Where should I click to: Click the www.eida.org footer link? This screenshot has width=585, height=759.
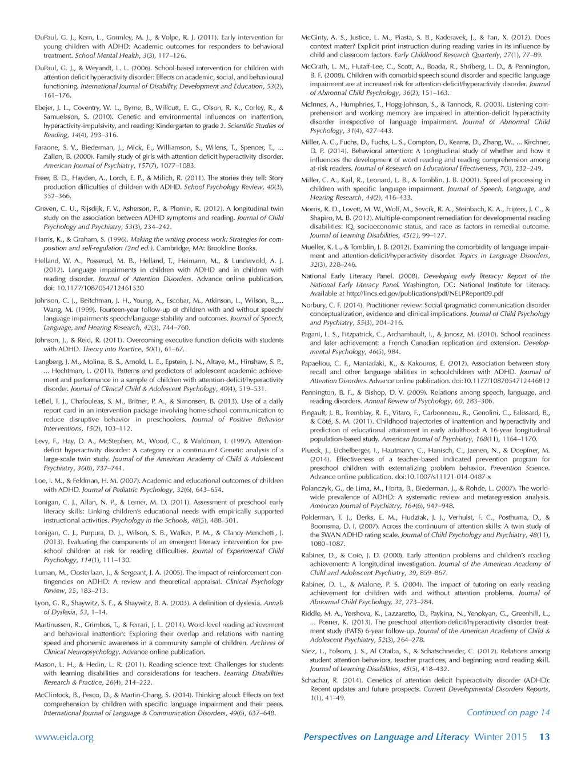click(x=64, y=737)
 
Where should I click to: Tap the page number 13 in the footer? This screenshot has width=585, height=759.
click(x=544, y=737)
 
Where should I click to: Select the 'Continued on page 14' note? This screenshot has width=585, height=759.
click(x=508, y=712)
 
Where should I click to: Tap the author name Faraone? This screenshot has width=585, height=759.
click(x=47, y=147)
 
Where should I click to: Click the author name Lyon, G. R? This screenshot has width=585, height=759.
click(x=51, y=603)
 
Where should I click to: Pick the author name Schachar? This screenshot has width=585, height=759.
click(x=315, y=680)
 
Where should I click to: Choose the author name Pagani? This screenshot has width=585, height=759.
click(x=311, y=334)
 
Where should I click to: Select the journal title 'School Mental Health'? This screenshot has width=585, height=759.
click(x=107, y=55)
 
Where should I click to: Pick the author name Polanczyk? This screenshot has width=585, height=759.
click(x=318, y=488)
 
